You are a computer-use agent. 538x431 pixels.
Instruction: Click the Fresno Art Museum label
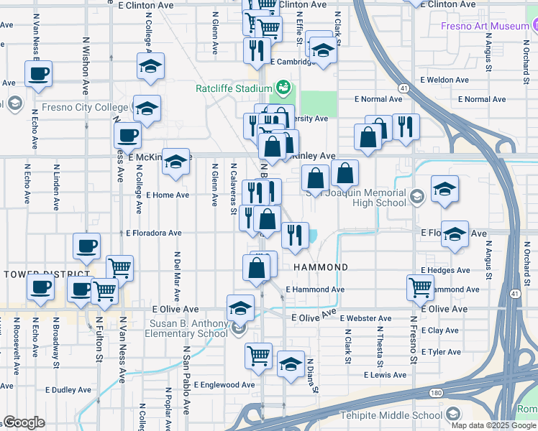(485, 26)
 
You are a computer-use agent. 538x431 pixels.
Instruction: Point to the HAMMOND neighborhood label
(321, 267)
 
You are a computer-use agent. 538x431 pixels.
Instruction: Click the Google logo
(24, 423)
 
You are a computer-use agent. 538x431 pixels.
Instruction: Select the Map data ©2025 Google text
(493, 425)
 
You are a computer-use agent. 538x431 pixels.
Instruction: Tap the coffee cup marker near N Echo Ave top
(38, 73)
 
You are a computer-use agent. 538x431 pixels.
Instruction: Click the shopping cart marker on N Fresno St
(420, 287)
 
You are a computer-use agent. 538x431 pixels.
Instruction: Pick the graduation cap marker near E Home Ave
(175, 162)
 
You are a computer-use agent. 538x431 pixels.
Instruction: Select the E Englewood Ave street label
(224, 385)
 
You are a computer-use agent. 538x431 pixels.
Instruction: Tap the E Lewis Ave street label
(385, 375)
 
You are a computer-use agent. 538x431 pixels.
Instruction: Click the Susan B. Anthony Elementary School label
(188, 328)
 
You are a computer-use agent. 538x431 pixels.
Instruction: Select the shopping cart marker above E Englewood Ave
(257, 355)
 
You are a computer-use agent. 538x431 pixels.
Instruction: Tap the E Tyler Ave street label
(441, 352)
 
